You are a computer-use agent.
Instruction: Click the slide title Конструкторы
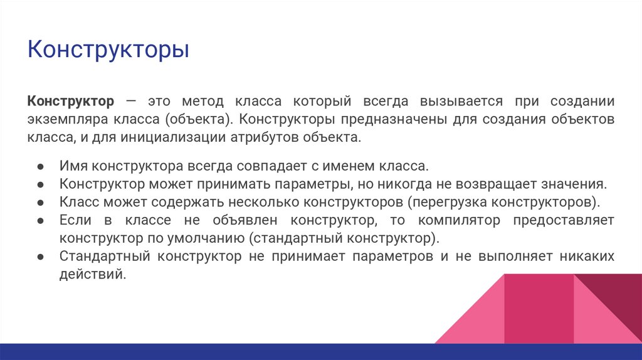[108, 50]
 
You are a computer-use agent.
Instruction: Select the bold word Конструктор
[71, 101]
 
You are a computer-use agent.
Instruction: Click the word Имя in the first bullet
[73, 167]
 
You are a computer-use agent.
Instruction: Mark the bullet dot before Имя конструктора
[39, 167]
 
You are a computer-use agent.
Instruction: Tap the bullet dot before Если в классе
[39, 221]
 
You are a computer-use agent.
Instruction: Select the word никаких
[586, 257]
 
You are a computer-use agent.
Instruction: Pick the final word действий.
[92, 274]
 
